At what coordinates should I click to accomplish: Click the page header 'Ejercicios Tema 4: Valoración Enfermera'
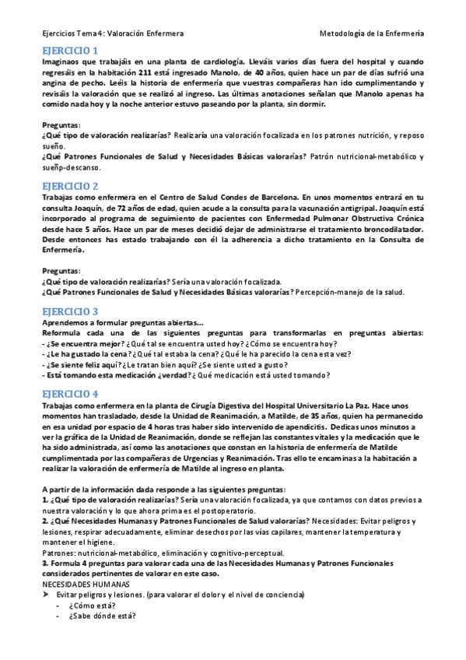coord(113,33)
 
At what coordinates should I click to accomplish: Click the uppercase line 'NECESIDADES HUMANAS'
coord(86,583)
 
